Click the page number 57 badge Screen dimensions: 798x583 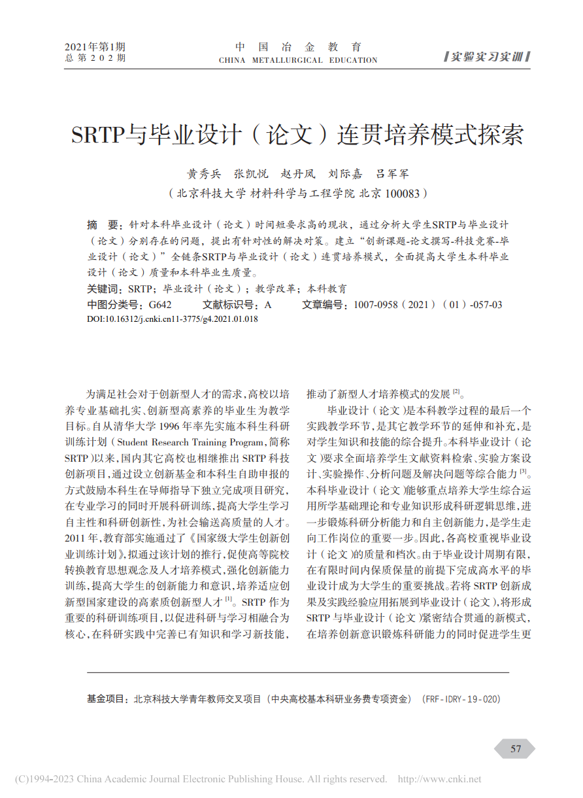(516, 748)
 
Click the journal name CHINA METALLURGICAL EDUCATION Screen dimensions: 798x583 (298, 60)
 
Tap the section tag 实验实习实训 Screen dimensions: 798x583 (486, 57)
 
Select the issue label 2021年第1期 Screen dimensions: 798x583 (95, 47)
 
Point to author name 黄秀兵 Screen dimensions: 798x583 (203, 174)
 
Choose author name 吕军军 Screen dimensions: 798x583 (392, 174)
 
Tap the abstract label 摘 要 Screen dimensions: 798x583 (102, 224)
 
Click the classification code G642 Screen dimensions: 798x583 (160, 305)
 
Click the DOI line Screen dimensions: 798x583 (172, 319)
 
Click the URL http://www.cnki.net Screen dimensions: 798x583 (439, 779)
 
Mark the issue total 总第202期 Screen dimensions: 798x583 (95, 59)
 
